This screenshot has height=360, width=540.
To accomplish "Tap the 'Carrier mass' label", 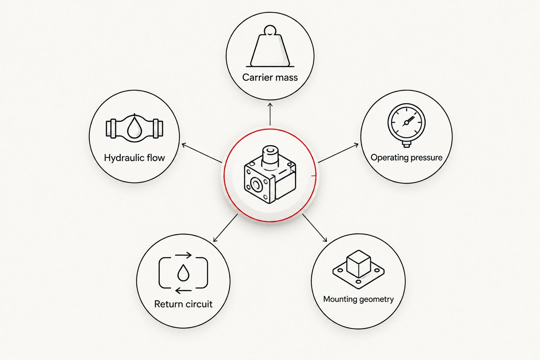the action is coord(270,77).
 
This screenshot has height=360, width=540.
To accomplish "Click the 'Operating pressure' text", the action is coord(406,157).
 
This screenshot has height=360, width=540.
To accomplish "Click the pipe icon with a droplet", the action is coord(135,128).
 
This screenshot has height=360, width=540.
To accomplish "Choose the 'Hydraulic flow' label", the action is coord(135,158).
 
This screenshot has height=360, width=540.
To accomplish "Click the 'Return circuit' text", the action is coord(183,304).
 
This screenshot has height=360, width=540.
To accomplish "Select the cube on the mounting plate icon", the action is coord(359,263).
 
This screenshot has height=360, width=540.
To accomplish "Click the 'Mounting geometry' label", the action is coord(359,299).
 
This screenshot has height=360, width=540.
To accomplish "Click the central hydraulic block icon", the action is coord(270,175).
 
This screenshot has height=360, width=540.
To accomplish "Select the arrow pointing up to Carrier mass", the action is coord(270,114).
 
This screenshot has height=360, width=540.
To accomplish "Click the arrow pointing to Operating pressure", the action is coord(338,153).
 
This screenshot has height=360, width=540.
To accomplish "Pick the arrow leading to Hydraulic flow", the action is coord(202,153).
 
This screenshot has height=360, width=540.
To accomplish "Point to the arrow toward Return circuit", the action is coord(225,228).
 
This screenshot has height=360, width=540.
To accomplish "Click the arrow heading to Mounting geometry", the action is coord(315,228).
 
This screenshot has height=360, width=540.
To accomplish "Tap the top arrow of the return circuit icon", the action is coord(183,255).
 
